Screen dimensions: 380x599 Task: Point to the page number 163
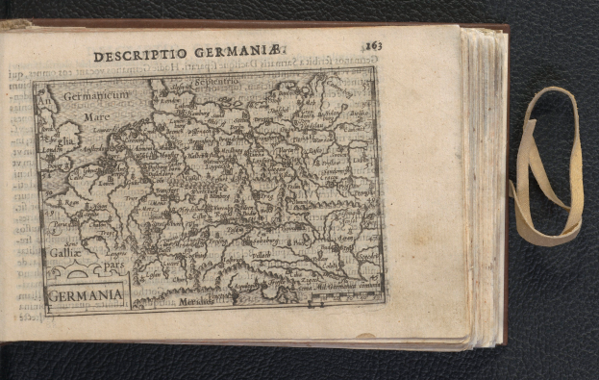point(373,45)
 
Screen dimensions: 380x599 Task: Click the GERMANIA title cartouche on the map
point(86,292)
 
